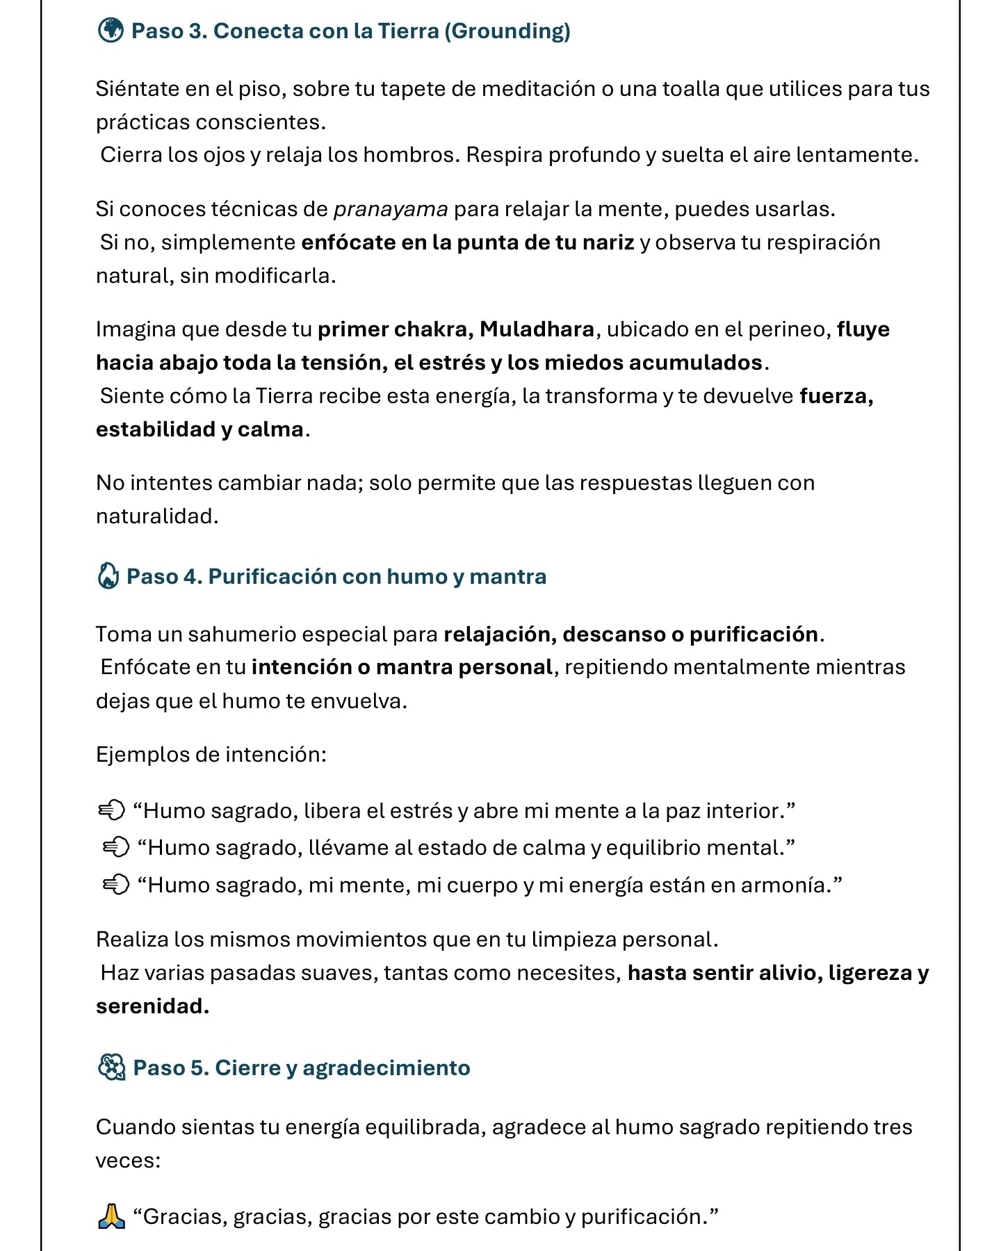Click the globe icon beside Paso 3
coord(111,31)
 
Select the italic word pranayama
coord(391,209)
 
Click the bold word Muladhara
coord(537,329)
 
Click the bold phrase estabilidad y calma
coord(200,430)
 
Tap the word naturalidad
coord(157,516)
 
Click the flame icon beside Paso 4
coord(108,576)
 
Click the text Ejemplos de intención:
coord(211,755)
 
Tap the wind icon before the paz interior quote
coord(111,810)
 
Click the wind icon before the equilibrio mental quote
coord(116,848)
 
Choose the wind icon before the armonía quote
coord(116,885)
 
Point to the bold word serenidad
coord(152,1006)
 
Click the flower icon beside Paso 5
coord(111,1068)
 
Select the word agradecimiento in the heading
coord(386,1068)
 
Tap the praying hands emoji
coord(111,1216)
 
